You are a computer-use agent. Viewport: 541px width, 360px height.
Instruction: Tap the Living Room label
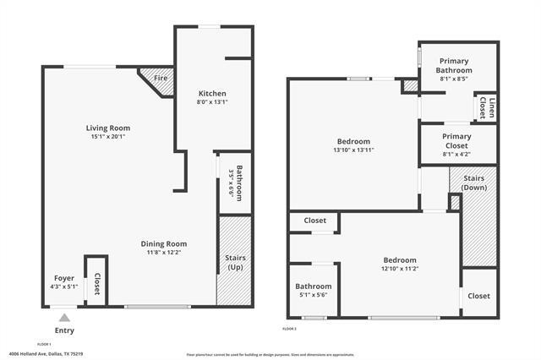click(112, 128)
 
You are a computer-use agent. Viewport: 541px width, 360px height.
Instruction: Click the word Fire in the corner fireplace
click(160, 79)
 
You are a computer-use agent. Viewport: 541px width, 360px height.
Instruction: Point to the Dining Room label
click(163, 244)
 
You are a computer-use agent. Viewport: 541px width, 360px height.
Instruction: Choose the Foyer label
click(64, 278)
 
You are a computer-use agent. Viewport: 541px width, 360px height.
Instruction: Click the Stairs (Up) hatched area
click(234, 262)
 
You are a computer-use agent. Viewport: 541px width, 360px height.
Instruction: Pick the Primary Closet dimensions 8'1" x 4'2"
click(456, 154)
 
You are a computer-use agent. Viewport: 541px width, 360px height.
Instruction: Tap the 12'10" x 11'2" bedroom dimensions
click(400, 270)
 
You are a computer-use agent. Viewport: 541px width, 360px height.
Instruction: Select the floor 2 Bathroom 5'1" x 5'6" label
click(314, 291)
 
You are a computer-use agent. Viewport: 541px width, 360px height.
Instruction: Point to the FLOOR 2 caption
click(290, 328)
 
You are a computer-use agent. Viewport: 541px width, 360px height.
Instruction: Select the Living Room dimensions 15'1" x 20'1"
click(112, 137)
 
